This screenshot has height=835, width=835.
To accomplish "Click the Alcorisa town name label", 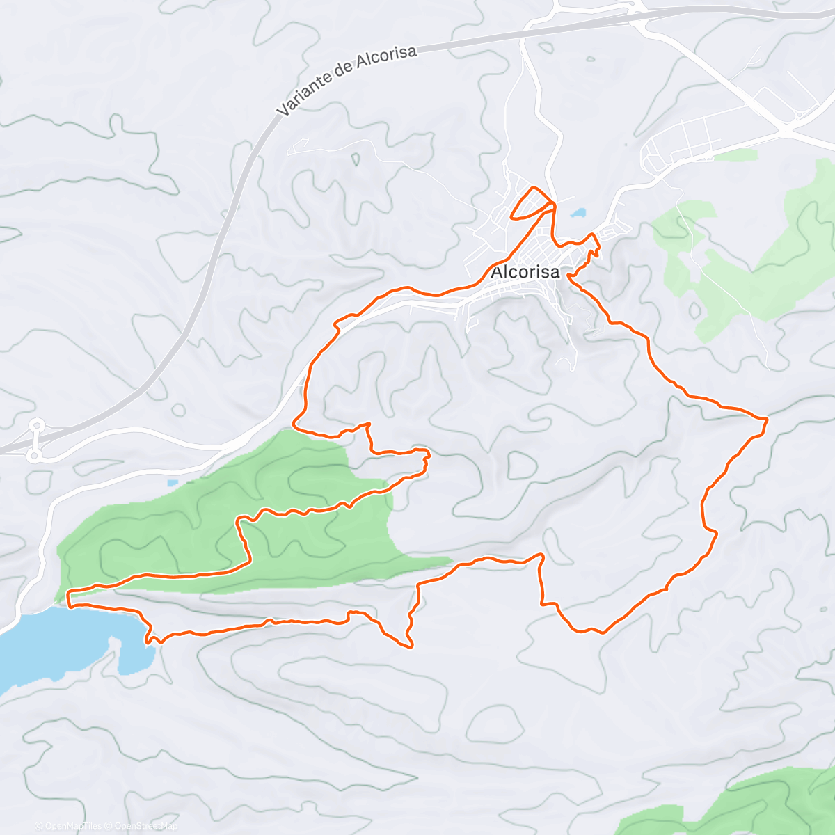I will coord(525,272).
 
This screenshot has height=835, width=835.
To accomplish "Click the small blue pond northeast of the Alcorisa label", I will coord(578,212).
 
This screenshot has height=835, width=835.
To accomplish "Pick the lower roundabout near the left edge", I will coord(33,456).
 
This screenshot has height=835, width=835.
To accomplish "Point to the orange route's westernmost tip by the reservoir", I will coord(67,595).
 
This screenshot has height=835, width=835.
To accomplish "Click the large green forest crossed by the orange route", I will coord(209,515).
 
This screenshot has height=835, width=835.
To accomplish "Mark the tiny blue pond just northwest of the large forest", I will coord(173,482).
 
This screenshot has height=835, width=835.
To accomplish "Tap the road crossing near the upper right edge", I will coord(786,129).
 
